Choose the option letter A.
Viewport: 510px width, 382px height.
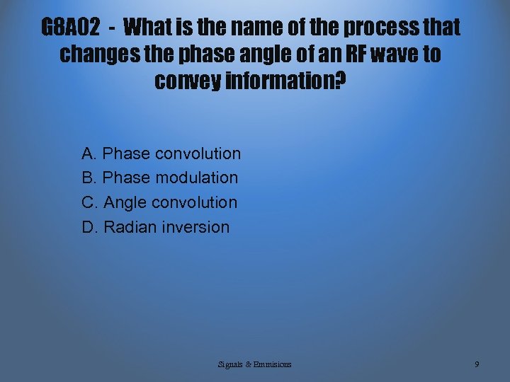(x=89, y=154)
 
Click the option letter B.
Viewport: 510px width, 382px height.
(x=89, y=178)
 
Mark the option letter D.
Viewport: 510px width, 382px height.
(x=89, y=227)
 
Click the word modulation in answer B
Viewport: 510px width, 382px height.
(x=196, y=178)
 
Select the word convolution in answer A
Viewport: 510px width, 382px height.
(x=198, y=154)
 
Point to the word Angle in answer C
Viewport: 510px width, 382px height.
(x=125, y=202)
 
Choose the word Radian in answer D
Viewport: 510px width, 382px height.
(x=130, y=227)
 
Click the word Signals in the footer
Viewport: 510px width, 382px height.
(x=230, y=364)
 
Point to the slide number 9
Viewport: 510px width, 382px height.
(x=477, y=364)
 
